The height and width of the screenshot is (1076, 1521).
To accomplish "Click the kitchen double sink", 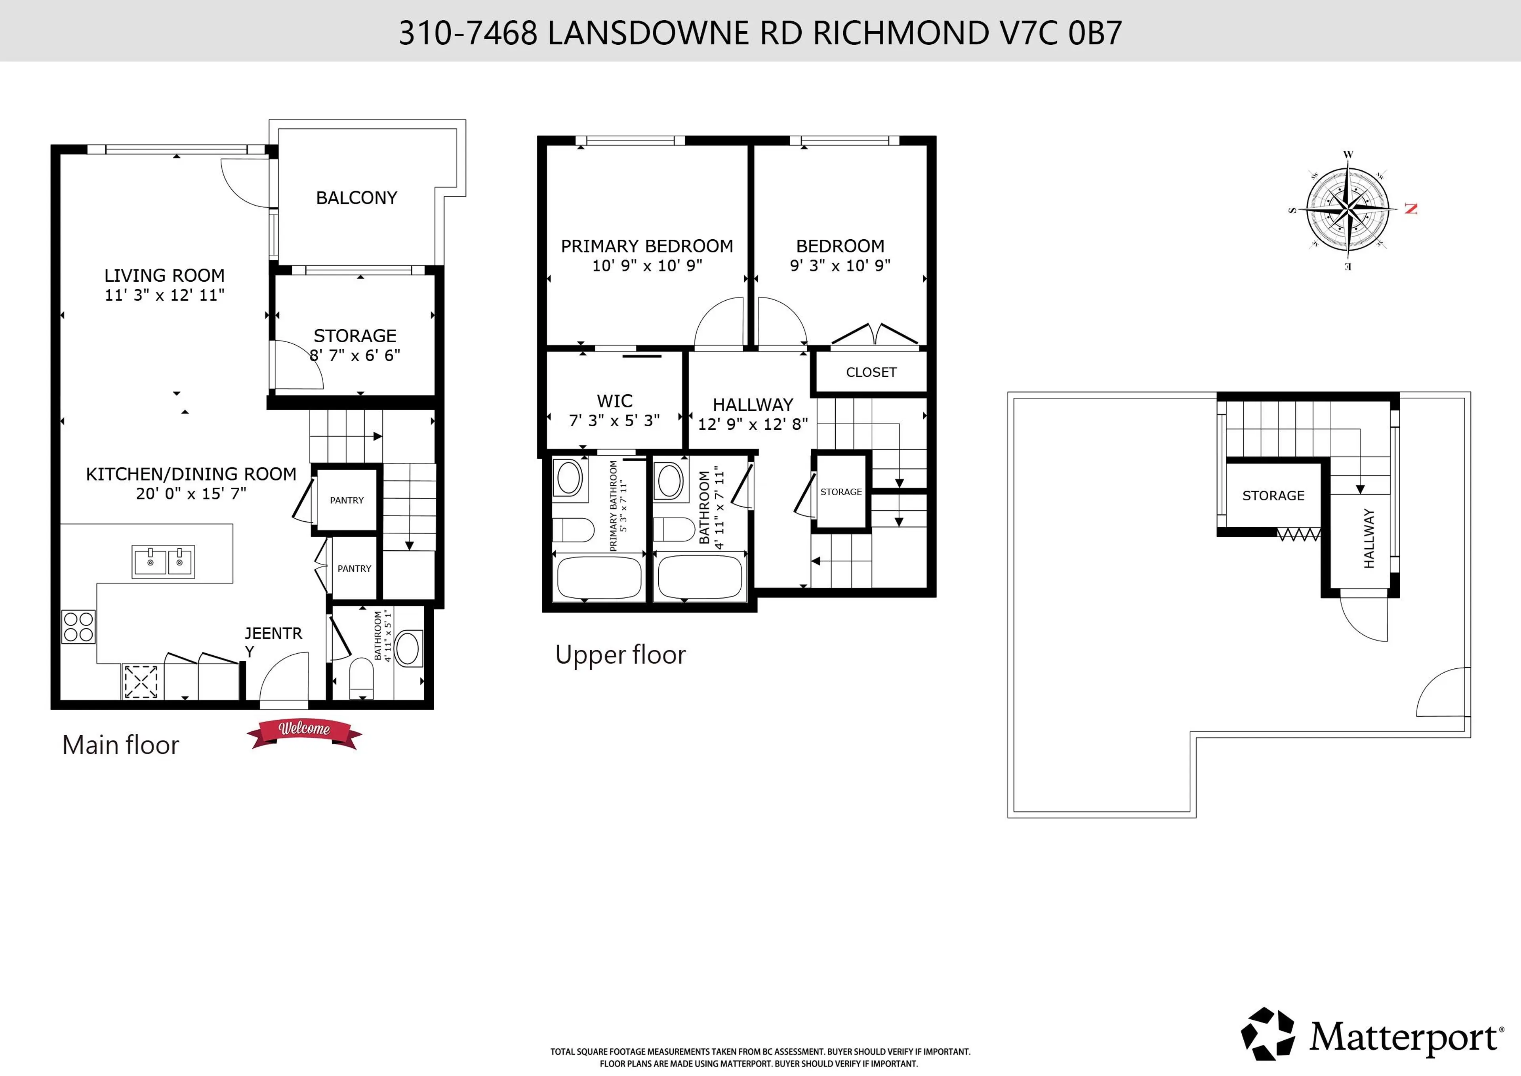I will (x=163, y=562).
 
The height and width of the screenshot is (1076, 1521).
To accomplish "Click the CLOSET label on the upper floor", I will (x=871, y=372).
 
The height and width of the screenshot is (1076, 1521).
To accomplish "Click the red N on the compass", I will (x=1410, y=209).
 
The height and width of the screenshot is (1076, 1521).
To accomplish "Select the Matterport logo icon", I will (x=1267, y=1034).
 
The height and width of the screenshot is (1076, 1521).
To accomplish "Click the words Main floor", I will (x=120, y=745).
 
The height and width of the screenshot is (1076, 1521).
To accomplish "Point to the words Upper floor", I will (x=620, y=654).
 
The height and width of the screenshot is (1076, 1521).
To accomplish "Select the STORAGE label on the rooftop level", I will (x=1273, y=496).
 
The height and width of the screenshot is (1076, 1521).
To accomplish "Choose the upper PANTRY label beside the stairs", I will (x=347, y=500).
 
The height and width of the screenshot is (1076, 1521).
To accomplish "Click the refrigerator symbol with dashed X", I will (x=141, y=681).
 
